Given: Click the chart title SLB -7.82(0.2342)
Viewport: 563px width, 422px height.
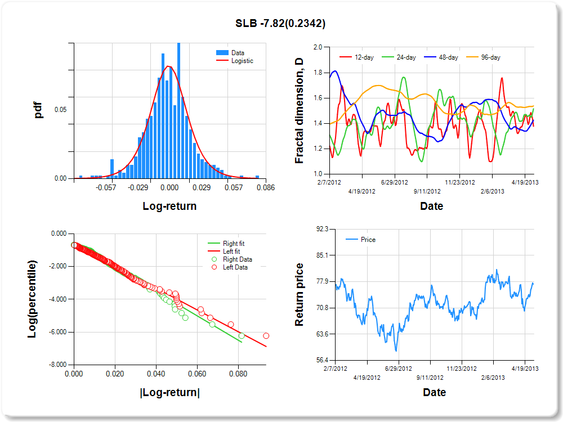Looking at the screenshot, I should [280, 23].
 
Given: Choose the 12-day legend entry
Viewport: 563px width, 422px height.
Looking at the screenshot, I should [361, 57].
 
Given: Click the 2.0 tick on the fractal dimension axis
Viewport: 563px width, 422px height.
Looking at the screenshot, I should [318, 48].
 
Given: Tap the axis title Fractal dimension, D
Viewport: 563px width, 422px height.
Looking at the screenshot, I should [300, 111].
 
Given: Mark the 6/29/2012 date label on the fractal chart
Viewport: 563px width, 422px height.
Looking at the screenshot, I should [394, 183].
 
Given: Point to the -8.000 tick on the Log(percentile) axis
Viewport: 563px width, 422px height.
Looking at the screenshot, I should [59, 365].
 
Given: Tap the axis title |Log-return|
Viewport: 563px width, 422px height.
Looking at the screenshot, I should [169, 393].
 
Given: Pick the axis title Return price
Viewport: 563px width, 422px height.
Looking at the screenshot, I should [300, 295].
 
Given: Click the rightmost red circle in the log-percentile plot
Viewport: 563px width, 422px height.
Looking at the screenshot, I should [266, 336].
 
